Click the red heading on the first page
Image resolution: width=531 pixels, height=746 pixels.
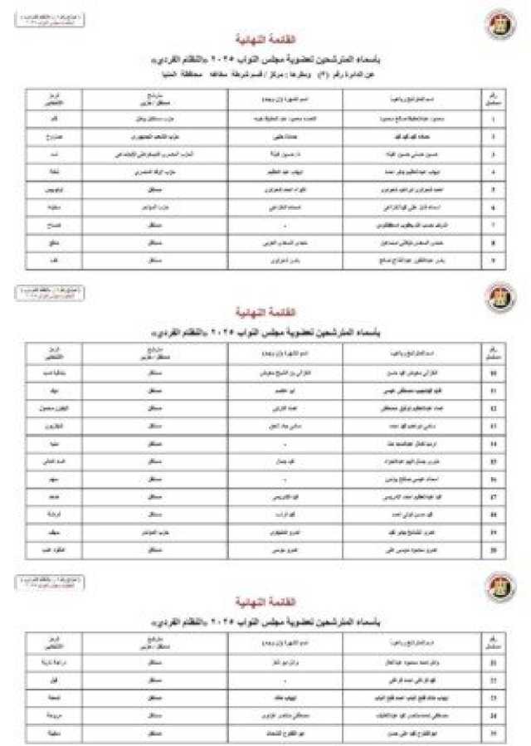tap(266, 40)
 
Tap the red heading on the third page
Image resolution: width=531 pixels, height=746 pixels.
tap(266, 602)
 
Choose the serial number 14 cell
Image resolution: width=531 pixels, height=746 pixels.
tap(493, 444)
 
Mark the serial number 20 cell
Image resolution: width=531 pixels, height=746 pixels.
tap(493, 549)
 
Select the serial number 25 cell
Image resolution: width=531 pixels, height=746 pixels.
tap(493, 734)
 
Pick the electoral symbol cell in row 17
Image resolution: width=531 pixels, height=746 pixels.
tap(54, 497)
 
